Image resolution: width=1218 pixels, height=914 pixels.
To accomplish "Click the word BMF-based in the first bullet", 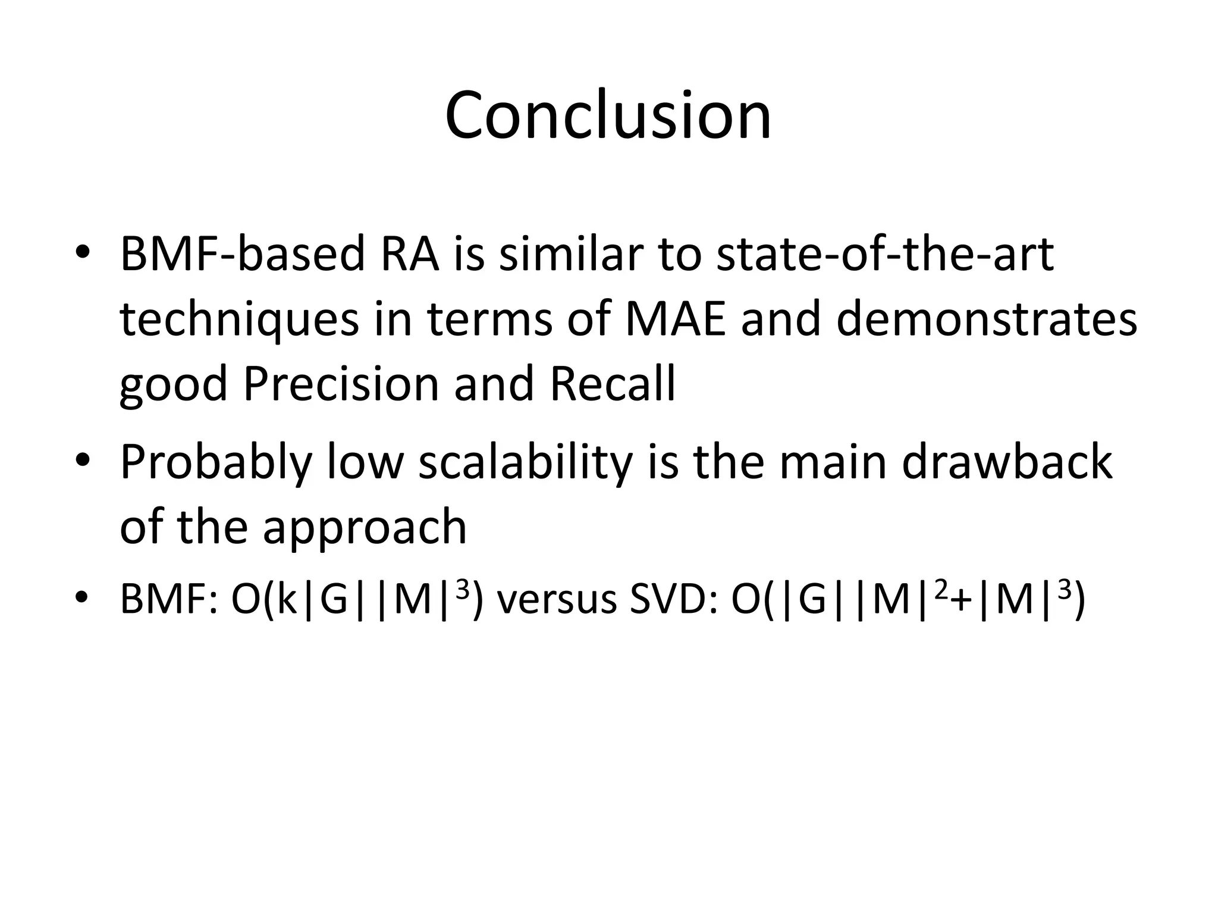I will [241, 254].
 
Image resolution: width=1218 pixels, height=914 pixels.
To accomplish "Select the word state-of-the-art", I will [884, 254].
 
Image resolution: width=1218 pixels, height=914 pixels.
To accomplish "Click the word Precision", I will [341, 384].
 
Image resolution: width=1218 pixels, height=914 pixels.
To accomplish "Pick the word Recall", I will [612, 384].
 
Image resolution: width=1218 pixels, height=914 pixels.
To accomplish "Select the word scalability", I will [525, 462].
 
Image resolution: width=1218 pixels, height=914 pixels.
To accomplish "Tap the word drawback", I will [1006, 462].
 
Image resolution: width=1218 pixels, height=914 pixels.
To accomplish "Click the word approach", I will [365, 527].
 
